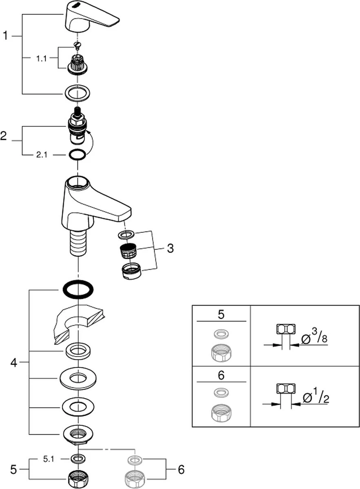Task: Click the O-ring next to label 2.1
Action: click(77, 155)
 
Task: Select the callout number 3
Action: click(170, 248)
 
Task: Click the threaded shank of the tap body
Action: click(77, 242)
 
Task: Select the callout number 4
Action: click(13, 362)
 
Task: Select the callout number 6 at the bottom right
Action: click(181, 470)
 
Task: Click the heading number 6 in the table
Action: click(221, 375)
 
